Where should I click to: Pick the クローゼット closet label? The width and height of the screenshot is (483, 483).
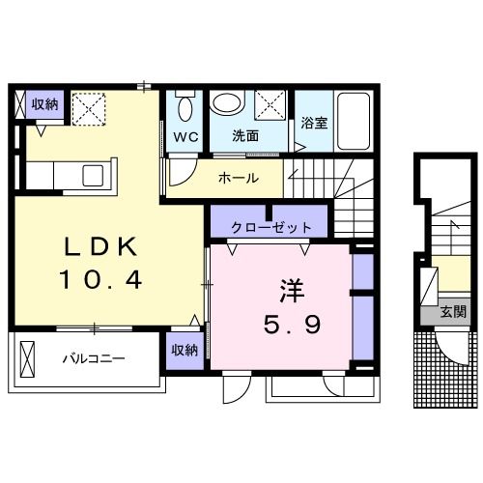point(271,228)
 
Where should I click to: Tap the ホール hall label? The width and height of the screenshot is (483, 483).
point(237,178)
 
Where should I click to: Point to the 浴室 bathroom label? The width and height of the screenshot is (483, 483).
point(314,123)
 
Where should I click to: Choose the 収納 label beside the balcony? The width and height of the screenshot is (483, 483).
point(185,350)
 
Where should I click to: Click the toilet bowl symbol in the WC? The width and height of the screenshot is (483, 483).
point(185,107)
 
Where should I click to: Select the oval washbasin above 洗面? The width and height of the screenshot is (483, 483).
point(228,103)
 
